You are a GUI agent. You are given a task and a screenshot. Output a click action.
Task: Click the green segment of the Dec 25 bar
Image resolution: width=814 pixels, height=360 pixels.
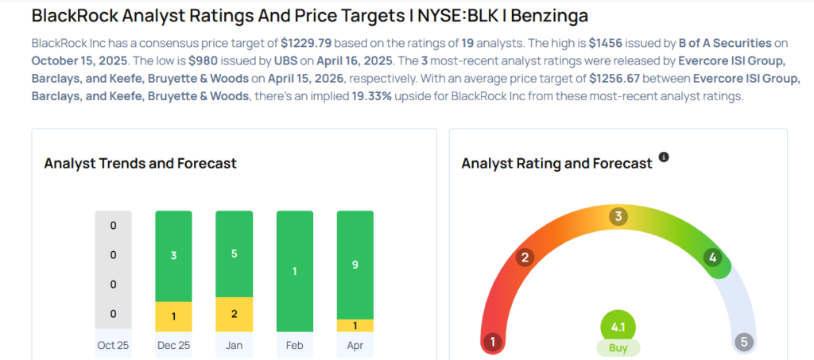click(173, 256)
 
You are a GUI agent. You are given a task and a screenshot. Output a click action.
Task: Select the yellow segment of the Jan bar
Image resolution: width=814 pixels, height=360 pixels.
click(234, 314)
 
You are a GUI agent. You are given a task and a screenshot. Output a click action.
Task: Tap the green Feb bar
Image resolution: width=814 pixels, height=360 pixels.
click(294, 271)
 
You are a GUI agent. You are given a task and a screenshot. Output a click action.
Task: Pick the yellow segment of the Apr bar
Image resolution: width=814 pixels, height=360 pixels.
click(355, 325)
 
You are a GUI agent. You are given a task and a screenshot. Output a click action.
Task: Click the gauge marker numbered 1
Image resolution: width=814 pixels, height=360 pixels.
click(493, 343)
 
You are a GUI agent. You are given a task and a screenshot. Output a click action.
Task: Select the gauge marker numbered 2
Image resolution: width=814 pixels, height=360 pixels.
click(525, 257)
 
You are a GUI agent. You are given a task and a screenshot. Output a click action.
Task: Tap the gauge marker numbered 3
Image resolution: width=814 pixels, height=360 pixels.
click(618, 216)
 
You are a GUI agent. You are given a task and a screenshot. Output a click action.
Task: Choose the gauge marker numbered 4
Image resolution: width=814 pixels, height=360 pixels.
click(713, 257)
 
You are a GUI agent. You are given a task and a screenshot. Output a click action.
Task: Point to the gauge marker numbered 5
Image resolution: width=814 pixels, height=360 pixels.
click(744, 343)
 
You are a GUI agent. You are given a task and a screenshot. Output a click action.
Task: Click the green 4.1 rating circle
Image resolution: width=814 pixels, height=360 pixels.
click(618, 326)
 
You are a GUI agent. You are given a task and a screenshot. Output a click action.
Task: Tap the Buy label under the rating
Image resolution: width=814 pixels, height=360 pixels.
click(618, 348)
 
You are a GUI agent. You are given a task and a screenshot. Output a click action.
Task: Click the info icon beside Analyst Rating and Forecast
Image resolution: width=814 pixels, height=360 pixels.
click(664, 157)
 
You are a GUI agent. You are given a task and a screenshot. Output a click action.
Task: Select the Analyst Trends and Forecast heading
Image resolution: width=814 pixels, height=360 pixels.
click(140, 163)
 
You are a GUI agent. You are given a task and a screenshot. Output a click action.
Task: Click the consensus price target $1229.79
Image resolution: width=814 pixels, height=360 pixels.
click(308, 42)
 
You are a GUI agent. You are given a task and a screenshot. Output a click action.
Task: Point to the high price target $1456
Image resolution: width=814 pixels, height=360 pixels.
click(609, 42)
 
